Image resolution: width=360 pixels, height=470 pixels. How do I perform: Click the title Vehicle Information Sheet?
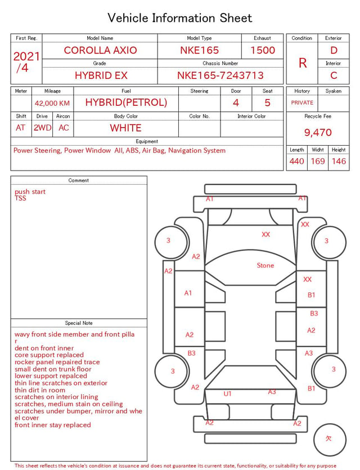[179, 18]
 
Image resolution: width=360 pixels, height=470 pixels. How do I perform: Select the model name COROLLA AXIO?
[100, 50]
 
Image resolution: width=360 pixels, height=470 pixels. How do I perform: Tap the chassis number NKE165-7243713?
[220, 75]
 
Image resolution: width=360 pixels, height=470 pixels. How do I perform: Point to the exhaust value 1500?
[263, 50]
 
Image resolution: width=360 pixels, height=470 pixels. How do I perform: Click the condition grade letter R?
[303, 63]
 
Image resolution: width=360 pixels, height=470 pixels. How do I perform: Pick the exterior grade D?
[334, 50]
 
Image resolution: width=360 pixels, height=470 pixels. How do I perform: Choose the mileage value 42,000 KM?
[52, 104]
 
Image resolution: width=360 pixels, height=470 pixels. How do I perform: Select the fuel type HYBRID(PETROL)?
[126, 102]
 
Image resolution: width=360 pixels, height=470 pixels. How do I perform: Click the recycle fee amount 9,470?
[318, 132]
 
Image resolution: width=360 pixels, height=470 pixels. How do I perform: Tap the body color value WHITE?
[125, 128]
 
